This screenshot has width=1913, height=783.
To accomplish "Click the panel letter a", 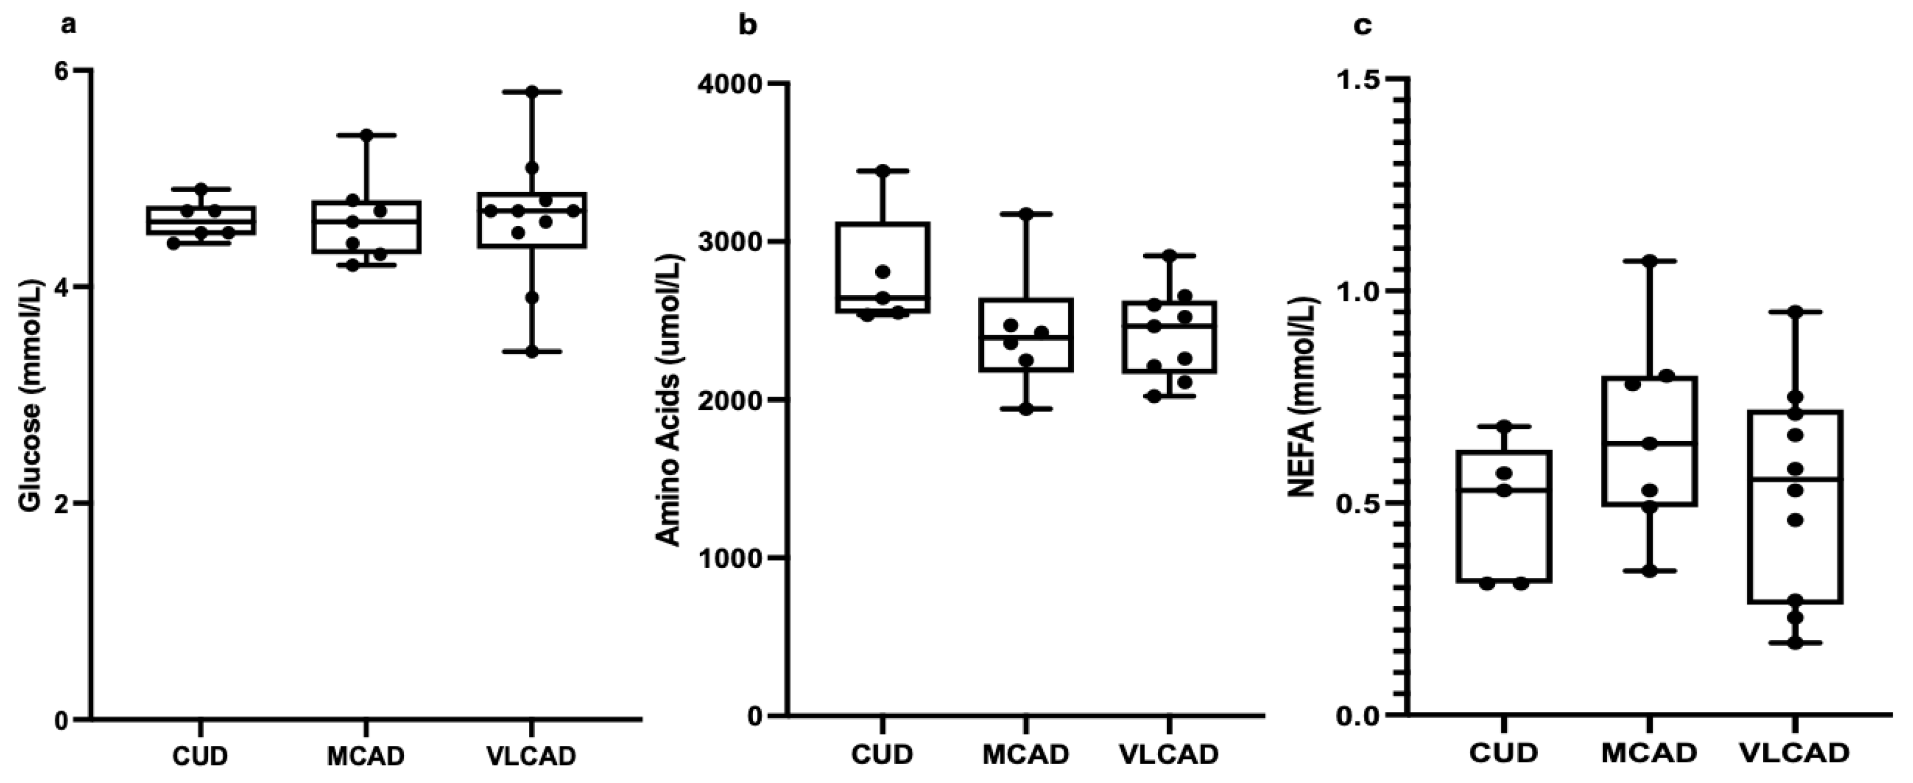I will [x=69, y=26].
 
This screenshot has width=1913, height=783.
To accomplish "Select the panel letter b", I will [x=748, y=26].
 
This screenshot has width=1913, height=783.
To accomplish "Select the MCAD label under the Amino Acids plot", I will [x=1025, y=755].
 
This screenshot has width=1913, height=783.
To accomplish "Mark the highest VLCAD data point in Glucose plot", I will [x=532, y=91].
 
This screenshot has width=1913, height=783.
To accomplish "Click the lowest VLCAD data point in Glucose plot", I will [x=532, y=352].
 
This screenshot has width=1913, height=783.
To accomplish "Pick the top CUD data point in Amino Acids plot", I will [x=883, y=171].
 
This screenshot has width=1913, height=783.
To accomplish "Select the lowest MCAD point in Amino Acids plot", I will [x=1026, y=410].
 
